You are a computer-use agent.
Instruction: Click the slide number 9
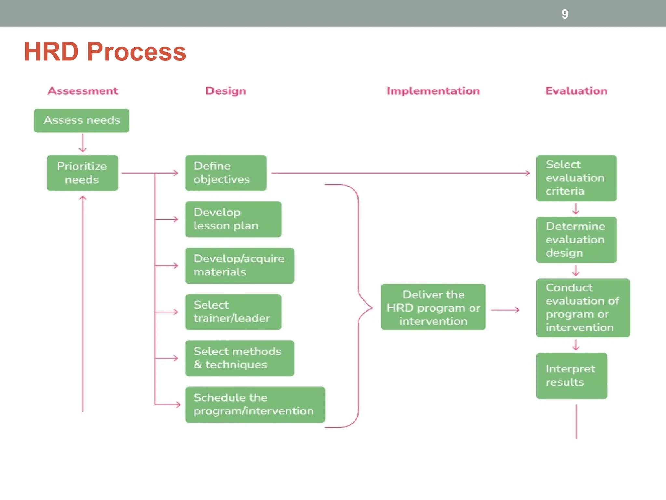pos(565,14)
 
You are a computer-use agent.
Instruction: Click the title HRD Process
pos(105,51)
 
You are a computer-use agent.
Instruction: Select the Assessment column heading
pos(83,91)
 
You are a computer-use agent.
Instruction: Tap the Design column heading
pos(226,91)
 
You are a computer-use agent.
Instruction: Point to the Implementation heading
pos(433,91)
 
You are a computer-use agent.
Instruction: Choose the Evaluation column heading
pos(576,91)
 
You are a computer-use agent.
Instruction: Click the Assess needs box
pos(82,120)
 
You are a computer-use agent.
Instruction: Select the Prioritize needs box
pos(82,173)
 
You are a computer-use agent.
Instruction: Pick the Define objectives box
pos(226,173)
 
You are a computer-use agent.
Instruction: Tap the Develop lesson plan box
pos(233,219)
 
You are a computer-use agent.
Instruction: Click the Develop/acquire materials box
pos(240,265)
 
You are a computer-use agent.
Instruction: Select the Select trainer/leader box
pos(233,312)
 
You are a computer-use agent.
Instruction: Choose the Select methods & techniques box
pos(240,358)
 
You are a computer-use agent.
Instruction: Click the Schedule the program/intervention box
pos(255,404)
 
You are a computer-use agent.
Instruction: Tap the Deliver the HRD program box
pos(433,307)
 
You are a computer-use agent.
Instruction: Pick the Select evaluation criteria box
pos(576,178)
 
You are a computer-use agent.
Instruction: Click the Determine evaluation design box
pos(576,240)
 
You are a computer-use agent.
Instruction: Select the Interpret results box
pos(572,376)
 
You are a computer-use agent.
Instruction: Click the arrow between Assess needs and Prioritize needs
pos(83,144)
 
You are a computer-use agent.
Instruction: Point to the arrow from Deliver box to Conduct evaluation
pos(505,310)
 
